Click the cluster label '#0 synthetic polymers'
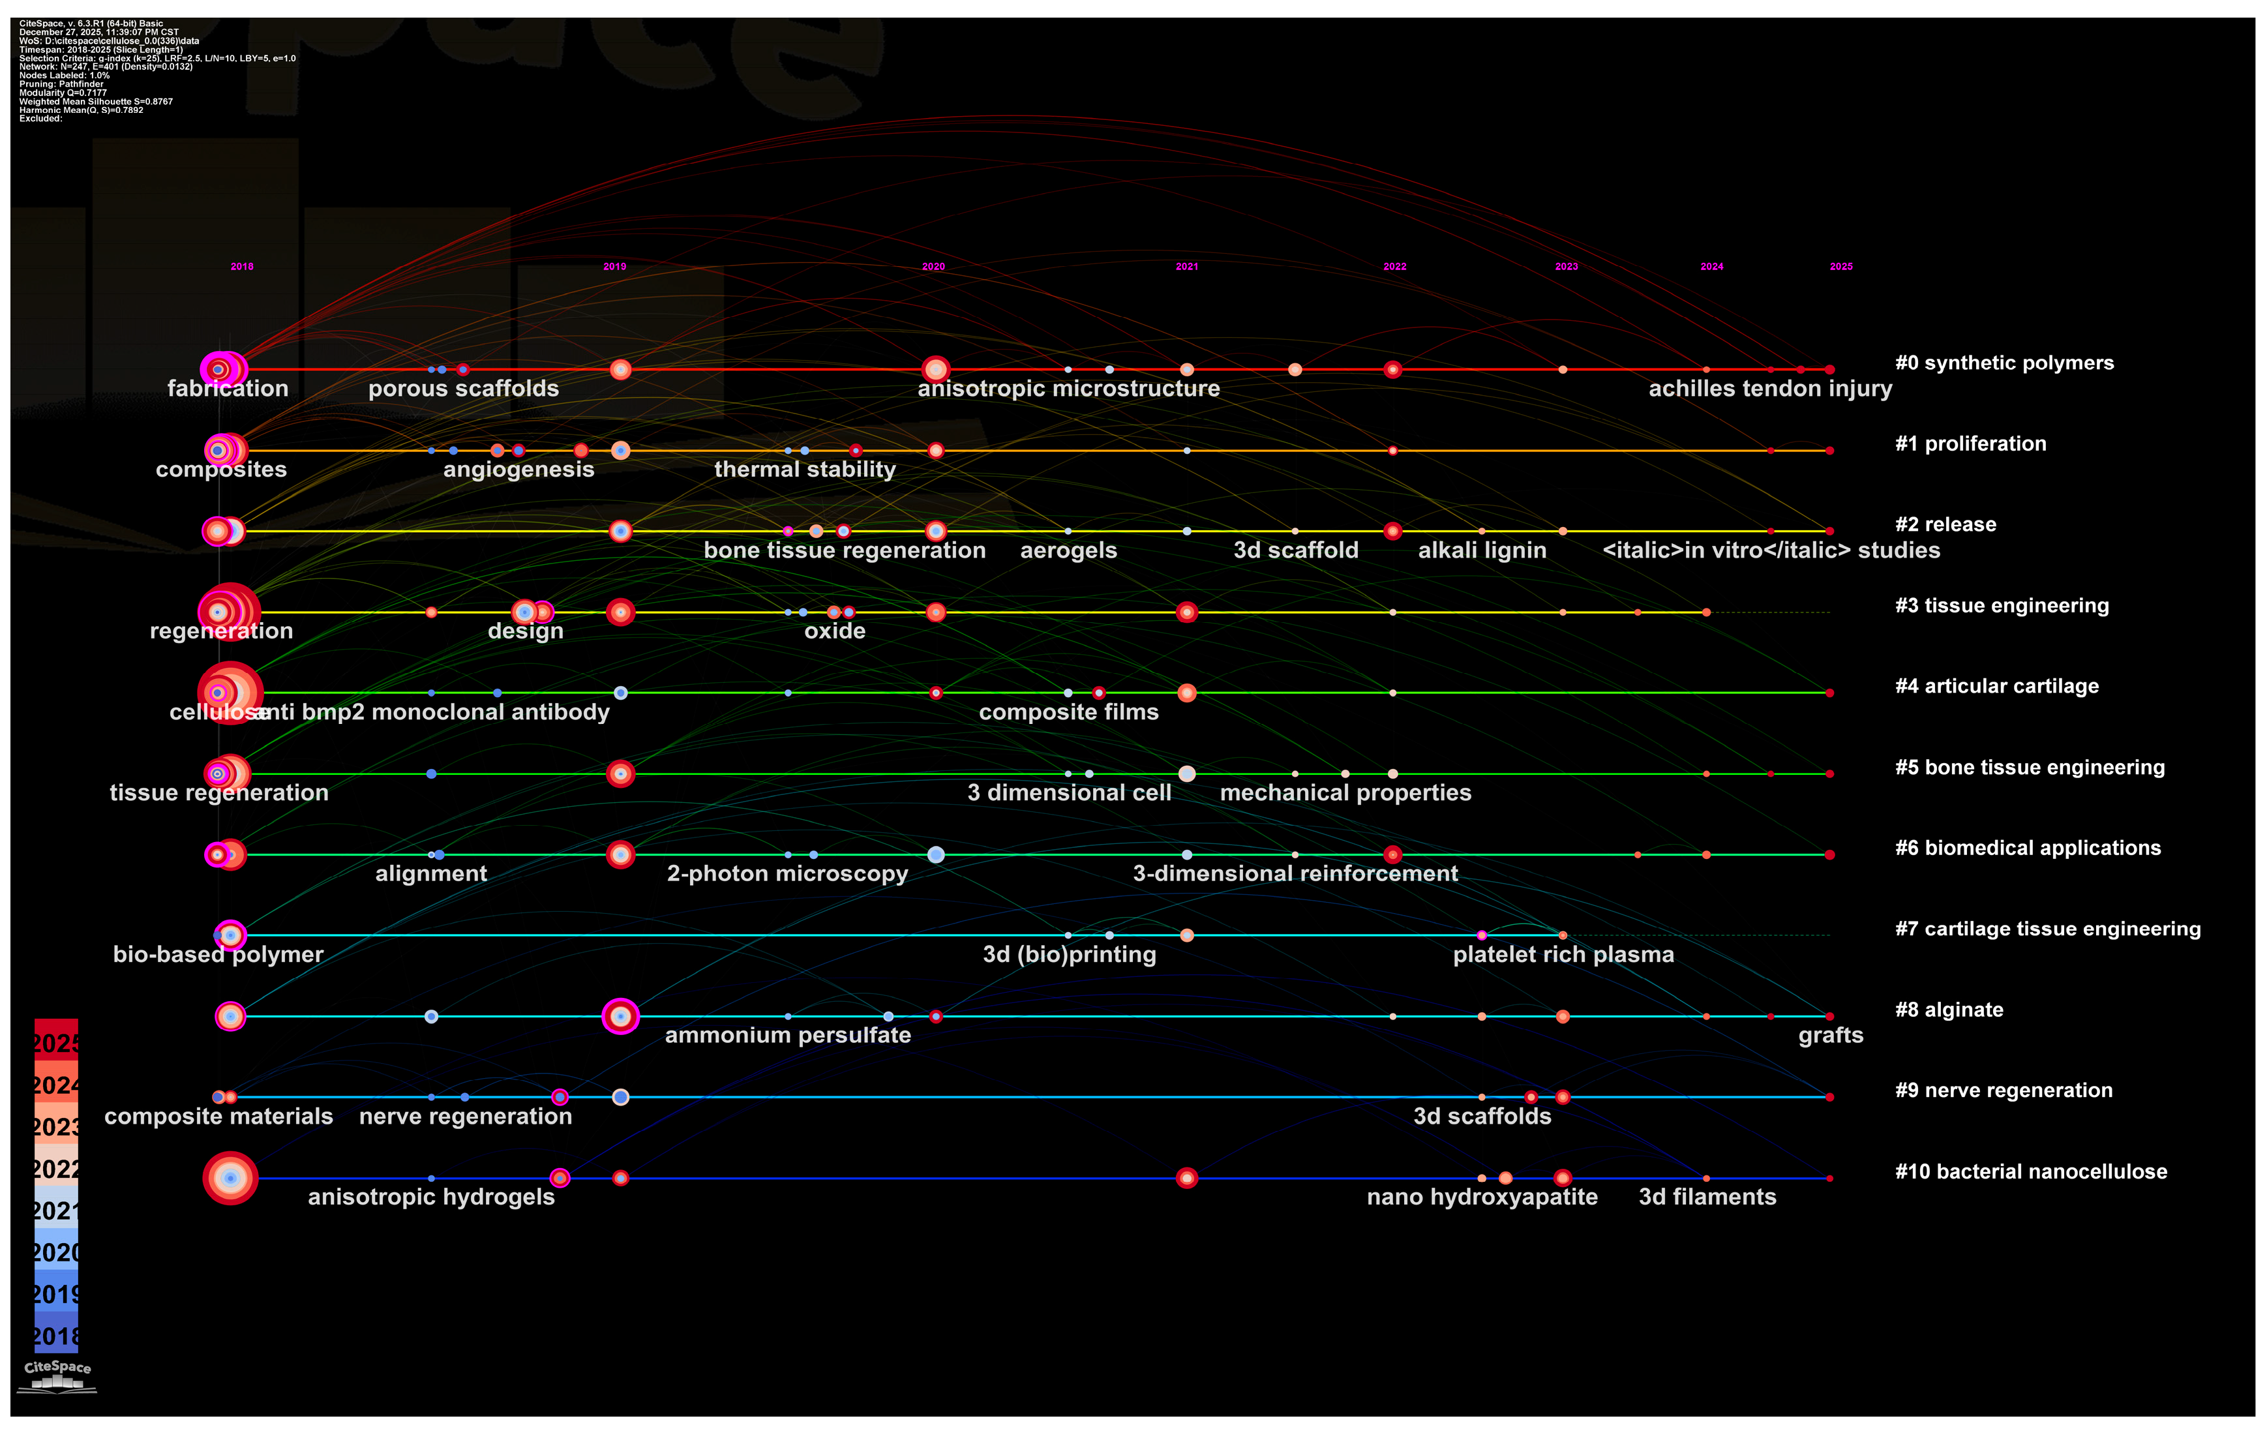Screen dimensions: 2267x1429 [x=2004, y=363]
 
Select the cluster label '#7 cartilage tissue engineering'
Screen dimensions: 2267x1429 [x=2048, y=929]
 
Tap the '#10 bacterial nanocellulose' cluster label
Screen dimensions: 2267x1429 [x=2031, y=1172]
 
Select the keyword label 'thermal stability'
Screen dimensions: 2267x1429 [x=804, y=470]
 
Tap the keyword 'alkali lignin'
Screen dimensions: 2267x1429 [x=1482, y=550]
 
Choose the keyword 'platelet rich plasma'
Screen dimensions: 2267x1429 [x=1563, y=955]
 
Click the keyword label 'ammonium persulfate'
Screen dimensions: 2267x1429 [x=787, y=1036]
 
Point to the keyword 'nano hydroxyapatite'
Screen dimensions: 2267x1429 [x=1482, y=1197]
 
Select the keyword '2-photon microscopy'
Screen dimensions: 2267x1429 [x=787, y=873]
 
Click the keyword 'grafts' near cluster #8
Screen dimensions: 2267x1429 [x=1830, y=1036]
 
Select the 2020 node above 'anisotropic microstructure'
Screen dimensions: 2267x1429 [x=935, y=370]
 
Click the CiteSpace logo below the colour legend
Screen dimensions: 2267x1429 [x=57, y=1374]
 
